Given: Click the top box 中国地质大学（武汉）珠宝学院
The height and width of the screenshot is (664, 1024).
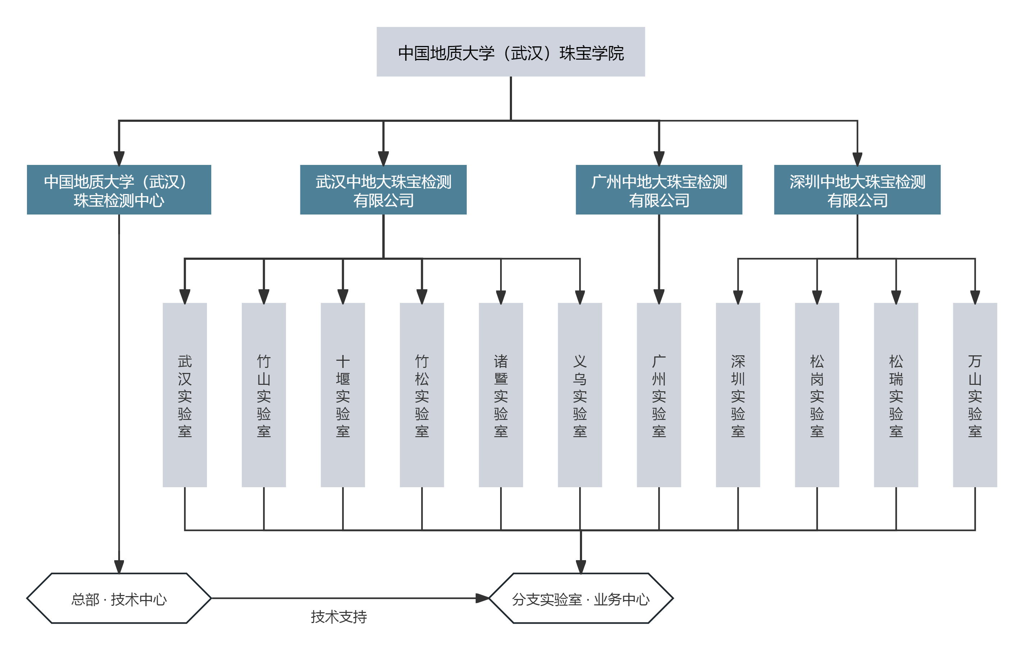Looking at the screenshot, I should coord(511,52).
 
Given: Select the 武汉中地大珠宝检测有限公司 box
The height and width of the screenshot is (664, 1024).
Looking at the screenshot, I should coord(383,190).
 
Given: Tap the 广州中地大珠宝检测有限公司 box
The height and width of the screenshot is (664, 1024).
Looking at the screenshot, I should coord(659,190).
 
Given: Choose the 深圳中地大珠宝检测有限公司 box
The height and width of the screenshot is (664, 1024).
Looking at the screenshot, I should coord(857,190).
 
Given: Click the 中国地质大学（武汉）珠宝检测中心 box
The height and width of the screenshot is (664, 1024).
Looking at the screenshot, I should coord(119,190).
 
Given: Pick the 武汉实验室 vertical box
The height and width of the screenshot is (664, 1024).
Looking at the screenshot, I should coord(185,395).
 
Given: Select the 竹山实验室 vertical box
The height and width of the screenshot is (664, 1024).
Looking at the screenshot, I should coord(264,395).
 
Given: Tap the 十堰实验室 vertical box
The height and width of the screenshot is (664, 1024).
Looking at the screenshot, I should coord(342,395).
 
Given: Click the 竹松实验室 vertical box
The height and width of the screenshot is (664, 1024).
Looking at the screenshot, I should coord(422,395).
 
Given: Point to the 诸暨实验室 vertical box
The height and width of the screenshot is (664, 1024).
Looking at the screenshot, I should coord(501,395).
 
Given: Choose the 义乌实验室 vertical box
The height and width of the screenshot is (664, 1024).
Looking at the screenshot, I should coord(580,395).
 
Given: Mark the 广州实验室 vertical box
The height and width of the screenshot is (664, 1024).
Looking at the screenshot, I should coord(659,395).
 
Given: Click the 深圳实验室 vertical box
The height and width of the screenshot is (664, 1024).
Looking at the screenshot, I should coord(738,395).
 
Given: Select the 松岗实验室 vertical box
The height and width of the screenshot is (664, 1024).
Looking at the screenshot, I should coord(817,395).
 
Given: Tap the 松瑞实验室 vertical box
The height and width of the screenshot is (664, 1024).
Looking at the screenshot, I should coord(896,395).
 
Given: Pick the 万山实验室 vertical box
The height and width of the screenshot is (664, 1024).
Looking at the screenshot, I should coord(975,395).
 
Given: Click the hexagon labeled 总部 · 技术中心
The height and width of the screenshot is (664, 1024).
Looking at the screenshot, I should coord(119,598).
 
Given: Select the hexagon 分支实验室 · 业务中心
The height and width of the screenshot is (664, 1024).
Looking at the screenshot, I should coord(581,598).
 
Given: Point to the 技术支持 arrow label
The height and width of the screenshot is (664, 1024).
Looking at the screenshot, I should coord(338,617).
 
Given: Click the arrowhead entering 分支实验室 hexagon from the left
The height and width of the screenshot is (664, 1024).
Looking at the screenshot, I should coord(483,598).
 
